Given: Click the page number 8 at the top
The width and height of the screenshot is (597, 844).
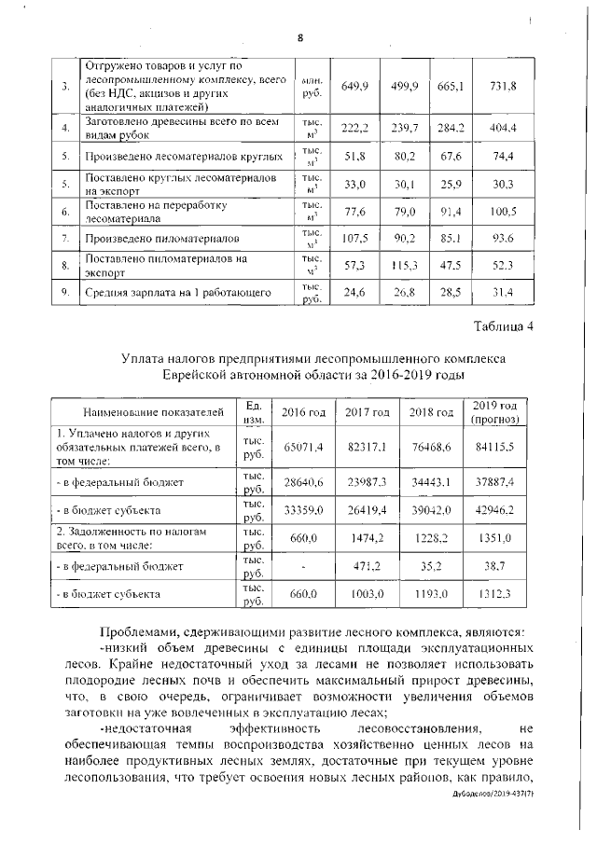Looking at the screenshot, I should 300,38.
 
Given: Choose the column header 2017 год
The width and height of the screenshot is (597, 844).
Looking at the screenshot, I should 367,410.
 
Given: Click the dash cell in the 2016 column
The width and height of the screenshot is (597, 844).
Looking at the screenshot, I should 304,565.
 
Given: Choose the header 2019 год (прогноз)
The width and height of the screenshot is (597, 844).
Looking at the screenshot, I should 494,411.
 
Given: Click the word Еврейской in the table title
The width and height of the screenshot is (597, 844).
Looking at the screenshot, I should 205,373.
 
